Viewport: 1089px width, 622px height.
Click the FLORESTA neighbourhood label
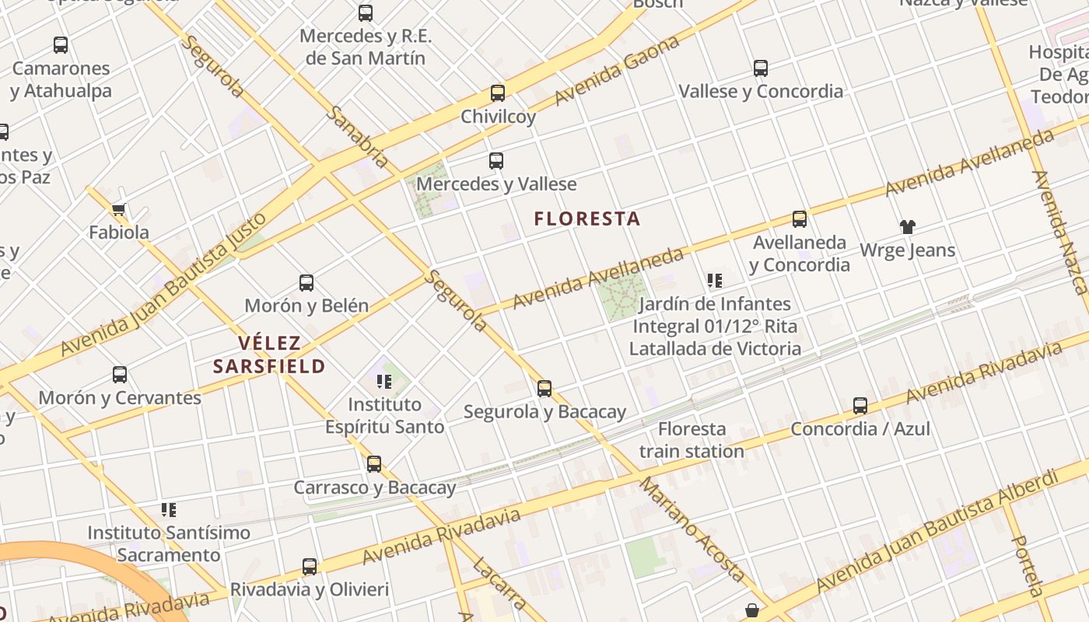click(587, 219)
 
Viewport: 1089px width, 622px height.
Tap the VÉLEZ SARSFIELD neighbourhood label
click(269, 355)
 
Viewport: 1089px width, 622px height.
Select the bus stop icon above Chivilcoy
click(498, 93)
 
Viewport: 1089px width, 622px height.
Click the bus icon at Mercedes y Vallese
click(496, 161)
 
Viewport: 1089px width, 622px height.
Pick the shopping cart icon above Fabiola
click(119, 209)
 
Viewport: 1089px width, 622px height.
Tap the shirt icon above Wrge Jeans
click(908, 227)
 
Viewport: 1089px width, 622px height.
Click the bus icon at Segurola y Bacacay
click(544, 388)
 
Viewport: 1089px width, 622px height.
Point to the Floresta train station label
click(692, 440)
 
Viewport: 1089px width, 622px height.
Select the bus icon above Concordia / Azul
click(860, 405)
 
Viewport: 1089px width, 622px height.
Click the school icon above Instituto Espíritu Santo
click(384, 381)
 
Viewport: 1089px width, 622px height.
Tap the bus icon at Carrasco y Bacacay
click(374, 464)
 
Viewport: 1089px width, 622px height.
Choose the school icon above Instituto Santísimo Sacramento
click(169, 510)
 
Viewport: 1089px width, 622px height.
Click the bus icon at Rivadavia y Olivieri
click(310, 566)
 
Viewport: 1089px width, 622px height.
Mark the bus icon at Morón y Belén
click(306, 282)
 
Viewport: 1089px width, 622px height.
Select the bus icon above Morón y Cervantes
click(120, 375)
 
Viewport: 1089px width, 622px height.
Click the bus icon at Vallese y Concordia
click(761, 68)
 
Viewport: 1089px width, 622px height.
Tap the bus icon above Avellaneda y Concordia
click(800, 219)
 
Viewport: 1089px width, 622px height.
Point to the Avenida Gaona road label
click(617, 71)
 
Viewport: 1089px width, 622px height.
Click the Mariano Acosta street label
click(692, 529)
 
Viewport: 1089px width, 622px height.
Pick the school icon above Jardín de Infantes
click(715, 281)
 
